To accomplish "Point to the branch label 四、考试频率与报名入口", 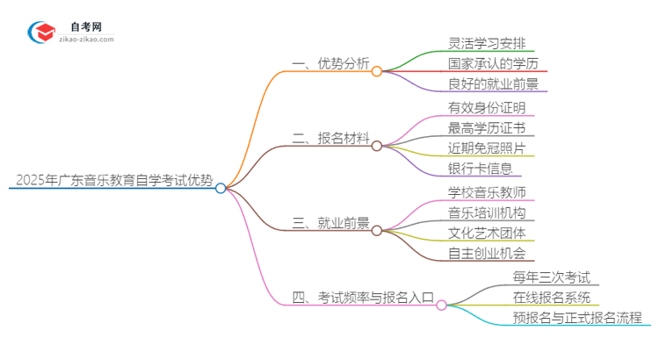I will tap(362, 298).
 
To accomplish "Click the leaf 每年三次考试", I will tap(552, 277).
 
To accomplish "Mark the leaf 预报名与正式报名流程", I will tap(577, 319).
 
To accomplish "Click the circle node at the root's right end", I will tap(221, 188).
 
